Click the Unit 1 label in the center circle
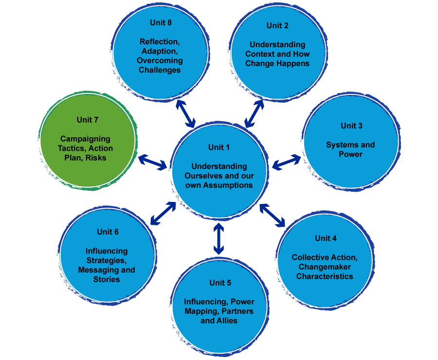tap(219, 147)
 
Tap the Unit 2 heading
tap(277, 25)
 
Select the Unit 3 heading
tap(351, 126)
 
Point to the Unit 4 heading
tap(326, 238)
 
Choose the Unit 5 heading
tap(220, 283)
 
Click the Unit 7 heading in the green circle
tap(88, 120)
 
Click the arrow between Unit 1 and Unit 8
tap(185, 113)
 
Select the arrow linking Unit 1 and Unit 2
tap(254, 112)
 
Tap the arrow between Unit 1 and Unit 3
tap(286, 162)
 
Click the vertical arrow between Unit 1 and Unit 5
tap(219, 239)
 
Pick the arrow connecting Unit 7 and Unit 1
tap(152, 162)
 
